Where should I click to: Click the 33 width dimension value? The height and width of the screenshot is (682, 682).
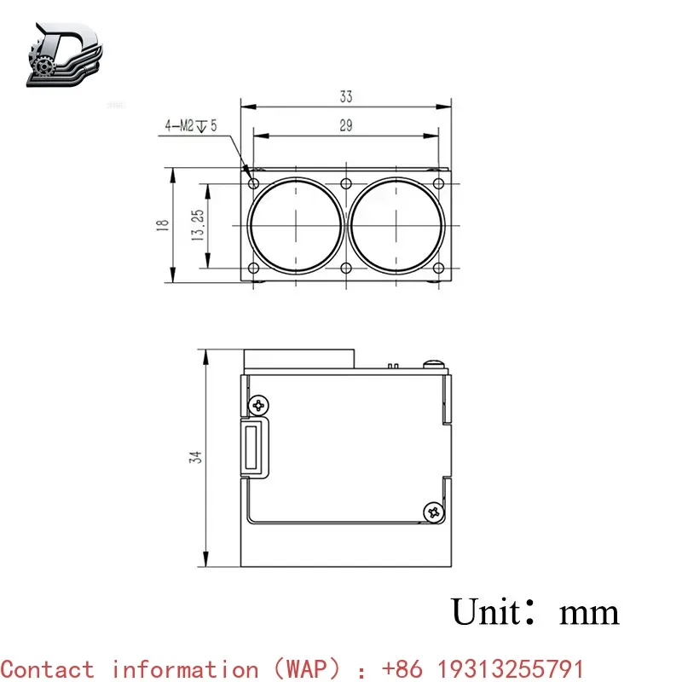pyautogui.click(x=346, y=96)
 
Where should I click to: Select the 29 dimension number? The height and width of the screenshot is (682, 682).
pyautogui.click(x=346, y=125)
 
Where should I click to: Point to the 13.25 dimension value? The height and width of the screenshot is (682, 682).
pyautogui.click(x=198, y=225)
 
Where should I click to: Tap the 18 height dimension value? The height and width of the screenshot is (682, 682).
pyautogui.click(x=162, y=225)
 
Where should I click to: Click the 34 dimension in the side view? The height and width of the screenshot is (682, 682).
pyautogui.click(x=195, y=457)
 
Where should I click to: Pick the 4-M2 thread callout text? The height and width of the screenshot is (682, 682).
pyautogui.click(x=190, y=126)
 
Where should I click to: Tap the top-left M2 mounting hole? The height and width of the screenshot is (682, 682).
pyautogui.click(x=253, y=183)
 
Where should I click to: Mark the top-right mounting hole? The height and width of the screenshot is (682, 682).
pyautogui.click(x=438, y=183)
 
